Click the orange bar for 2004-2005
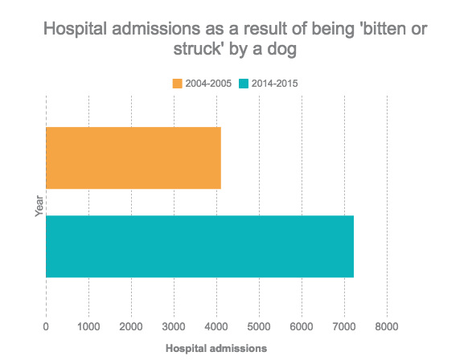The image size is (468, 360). point(133,157)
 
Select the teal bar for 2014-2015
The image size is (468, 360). point(199,247)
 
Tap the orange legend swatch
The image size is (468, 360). point(177,84)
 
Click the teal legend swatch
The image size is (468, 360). point(244,84)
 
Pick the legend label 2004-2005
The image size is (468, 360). point(208,84)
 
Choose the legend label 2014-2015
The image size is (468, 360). point(274,84)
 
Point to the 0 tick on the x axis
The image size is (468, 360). point(46,326)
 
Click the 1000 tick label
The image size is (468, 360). point(88,326)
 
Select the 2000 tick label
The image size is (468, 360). point(131,326)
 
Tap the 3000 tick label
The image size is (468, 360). point(174,326)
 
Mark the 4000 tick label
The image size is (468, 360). point(216,326)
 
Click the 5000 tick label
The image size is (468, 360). point(259,326)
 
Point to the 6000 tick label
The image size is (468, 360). point(302,326)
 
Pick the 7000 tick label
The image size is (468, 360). point(344,326)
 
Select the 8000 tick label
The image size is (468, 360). point(387,326)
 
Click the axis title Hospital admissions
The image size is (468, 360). point(216,349)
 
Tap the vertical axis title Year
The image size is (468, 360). point(39,206)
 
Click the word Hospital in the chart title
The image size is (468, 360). point(76,29)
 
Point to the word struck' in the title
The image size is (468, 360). point(198,49)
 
